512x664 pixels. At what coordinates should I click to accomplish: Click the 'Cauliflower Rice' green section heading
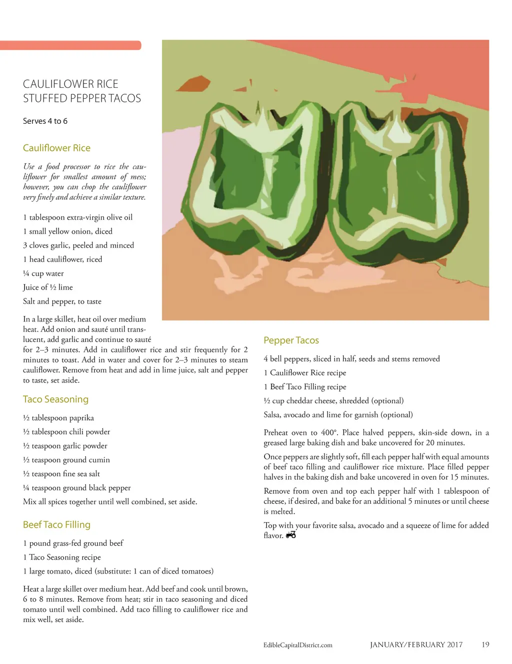(x=56, y=148)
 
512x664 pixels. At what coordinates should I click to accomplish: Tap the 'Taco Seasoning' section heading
(x=55, y=399)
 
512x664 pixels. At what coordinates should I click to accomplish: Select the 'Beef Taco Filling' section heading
(x=56, y=525)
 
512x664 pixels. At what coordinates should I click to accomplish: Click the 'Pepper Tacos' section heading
(x=291, y=340)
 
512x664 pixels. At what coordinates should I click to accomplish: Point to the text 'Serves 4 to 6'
(x=45, y=121)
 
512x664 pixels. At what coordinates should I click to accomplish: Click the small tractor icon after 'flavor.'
(x=291, y=535)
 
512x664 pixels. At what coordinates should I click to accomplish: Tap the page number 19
(x=485, y=645)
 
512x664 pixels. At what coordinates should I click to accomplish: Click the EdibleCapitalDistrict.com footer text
(x=297, y=645)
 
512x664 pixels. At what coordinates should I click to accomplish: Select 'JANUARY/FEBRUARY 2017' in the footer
(x=416, y=645)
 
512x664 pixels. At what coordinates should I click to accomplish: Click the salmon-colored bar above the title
(x=70, y=45)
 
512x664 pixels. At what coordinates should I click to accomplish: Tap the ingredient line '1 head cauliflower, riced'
(x=62, y=259)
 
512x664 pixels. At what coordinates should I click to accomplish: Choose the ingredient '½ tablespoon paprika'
(x=58, y=418)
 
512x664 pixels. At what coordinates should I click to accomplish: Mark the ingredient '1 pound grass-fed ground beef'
(x=73, y=543)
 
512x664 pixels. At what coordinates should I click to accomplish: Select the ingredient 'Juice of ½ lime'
(x=48, y=287)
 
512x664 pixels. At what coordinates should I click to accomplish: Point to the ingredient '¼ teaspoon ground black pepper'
(x=77, y=488)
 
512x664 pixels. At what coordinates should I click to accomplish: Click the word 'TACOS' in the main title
(x=124, y=98)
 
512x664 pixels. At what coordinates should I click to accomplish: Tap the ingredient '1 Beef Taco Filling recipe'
(x=305, y=387)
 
